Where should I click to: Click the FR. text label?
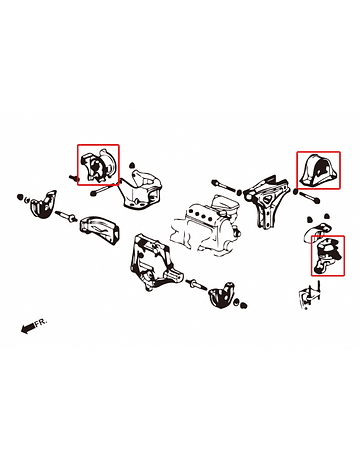[41, 323]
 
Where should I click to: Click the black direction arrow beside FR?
[27, 328]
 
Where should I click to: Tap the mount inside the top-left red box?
[98, 165]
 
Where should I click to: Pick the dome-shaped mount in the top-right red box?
[319, 170]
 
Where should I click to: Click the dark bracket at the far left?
[43, 204]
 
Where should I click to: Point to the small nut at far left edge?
[20, 197]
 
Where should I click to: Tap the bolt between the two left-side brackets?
[68, 216]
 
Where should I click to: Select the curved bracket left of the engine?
[99, 230]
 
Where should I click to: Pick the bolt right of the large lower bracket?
[197, 285]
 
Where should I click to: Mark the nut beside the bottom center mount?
[243, 305]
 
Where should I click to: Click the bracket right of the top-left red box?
[141, 189]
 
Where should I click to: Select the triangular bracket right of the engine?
[267, 202]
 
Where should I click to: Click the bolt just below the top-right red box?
[307, 196]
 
